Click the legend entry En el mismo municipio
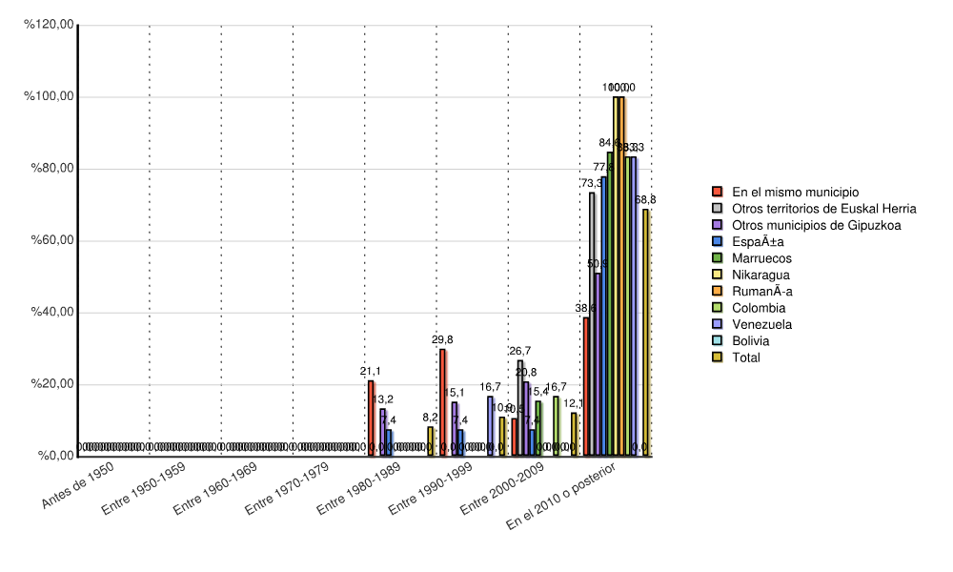(x=795, y=192)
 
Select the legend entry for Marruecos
(x=761, y=258)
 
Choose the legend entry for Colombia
(x=759, y=308)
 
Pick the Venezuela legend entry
(x=761, y=324)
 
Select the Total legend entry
(x=746, y=357)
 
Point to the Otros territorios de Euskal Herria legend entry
(x=823, y=209)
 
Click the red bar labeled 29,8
(x=442, y=402)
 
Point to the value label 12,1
(x=574, y=403)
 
